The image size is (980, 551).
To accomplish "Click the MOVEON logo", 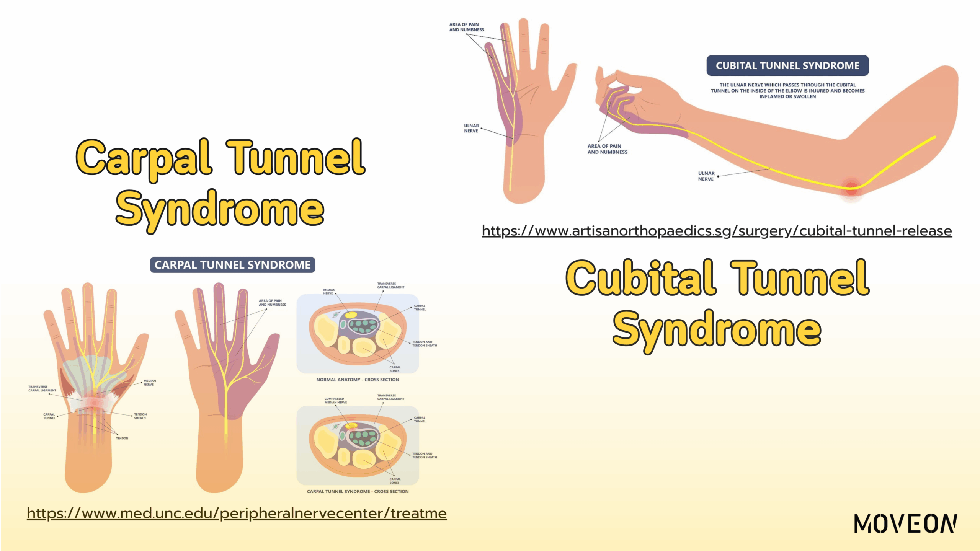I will click(905, 524).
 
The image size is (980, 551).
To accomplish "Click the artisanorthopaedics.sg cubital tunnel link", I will click(717, 231).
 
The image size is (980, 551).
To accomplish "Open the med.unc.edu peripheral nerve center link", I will click(237, 513).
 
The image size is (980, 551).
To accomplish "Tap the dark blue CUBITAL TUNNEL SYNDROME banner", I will click(787, 66).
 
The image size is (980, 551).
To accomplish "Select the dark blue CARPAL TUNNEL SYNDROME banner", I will click(232, 265).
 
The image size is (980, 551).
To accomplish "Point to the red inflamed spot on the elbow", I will click(851, 187).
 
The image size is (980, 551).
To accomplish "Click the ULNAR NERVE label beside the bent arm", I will click(706, 176).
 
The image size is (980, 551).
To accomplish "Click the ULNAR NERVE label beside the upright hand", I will click(471, 128).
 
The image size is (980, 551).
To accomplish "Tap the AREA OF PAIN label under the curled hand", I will click(607, 149).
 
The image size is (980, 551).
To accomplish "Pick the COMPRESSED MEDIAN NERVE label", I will click(335, 401).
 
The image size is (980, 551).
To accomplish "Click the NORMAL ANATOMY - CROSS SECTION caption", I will click(358, 380).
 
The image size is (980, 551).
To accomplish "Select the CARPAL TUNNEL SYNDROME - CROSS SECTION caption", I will click(358, 491).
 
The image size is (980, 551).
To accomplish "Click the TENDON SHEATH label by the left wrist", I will click(140, 416).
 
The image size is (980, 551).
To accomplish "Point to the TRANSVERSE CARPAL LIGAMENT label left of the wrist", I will click(42, 388).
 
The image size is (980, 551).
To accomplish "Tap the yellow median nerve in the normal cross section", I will click(351, 315).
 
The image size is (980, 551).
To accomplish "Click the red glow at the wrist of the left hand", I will click(94, 403).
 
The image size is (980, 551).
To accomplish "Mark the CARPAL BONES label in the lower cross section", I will click(395, 481).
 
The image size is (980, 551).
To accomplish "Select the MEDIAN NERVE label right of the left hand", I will click(149, 383).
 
